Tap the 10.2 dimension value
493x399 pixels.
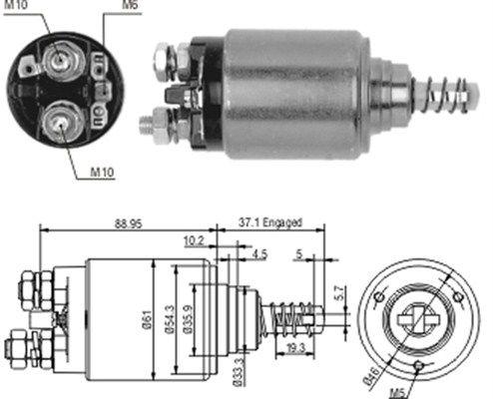click(194, 240)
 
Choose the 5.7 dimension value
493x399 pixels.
click(340, 295)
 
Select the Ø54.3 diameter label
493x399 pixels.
click(171, 317)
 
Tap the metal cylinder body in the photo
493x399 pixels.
click(294, 95)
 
